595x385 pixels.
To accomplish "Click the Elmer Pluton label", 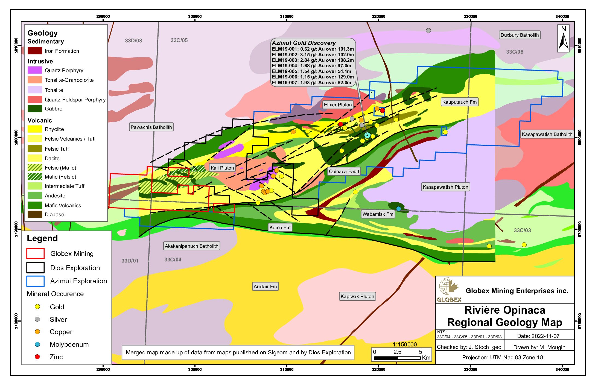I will tap(338, 105).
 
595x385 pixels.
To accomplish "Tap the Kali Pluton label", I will tap(222, 168).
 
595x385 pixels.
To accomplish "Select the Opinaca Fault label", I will tap(344, 171).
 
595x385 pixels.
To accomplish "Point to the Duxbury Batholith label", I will tap(520, 35).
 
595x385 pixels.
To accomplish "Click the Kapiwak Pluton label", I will tap(357, 296).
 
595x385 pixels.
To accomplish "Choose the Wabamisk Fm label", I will tap(378, 214).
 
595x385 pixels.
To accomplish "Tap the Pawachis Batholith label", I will tap(151, 127).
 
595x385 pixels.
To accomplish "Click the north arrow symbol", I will tap(564, 38).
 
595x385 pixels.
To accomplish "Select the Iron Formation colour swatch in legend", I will tap(35, 51).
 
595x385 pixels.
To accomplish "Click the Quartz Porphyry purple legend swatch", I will tap(35, 70).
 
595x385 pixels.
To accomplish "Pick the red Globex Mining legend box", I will tap(35, 253).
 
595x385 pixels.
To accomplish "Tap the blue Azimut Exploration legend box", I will tap(35, 281).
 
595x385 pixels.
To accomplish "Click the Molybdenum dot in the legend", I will tap(37, 344).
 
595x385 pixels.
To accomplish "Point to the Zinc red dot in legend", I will tap(37, 357).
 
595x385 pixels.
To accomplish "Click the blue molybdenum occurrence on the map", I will tap(399, 209).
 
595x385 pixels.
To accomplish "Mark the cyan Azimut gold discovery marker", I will tap(367, 135).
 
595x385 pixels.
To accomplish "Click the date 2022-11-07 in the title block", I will tap(538, 336).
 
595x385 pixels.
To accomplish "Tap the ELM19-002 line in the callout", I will tap(313, 55).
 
